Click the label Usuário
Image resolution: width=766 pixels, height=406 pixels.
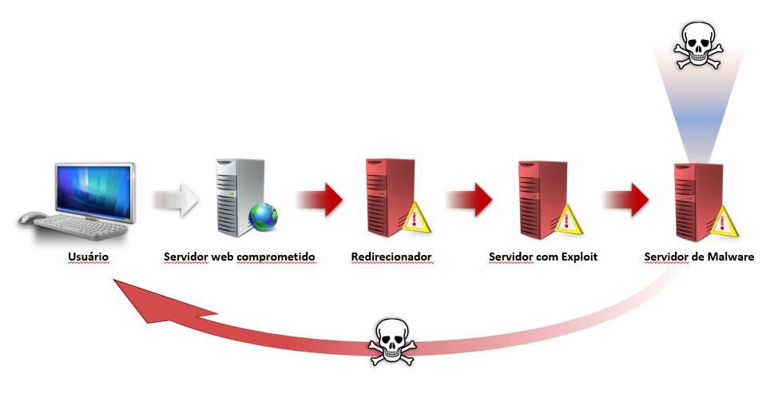click(87, 257)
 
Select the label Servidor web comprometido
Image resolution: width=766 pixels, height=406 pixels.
click(240, 257)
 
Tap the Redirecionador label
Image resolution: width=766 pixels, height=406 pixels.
click(391, 257)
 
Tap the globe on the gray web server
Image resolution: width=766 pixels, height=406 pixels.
click(263, 217)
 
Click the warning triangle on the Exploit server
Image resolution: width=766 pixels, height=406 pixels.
click(569, 217)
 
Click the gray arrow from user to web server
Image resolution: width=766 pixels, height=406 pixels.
click(176, 199)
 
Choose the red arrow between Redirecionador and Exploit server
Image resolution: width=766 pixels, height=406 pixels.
click(471, 199)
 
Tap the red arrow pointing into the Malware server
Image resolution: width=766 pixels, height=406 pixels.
click(627, 199)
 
